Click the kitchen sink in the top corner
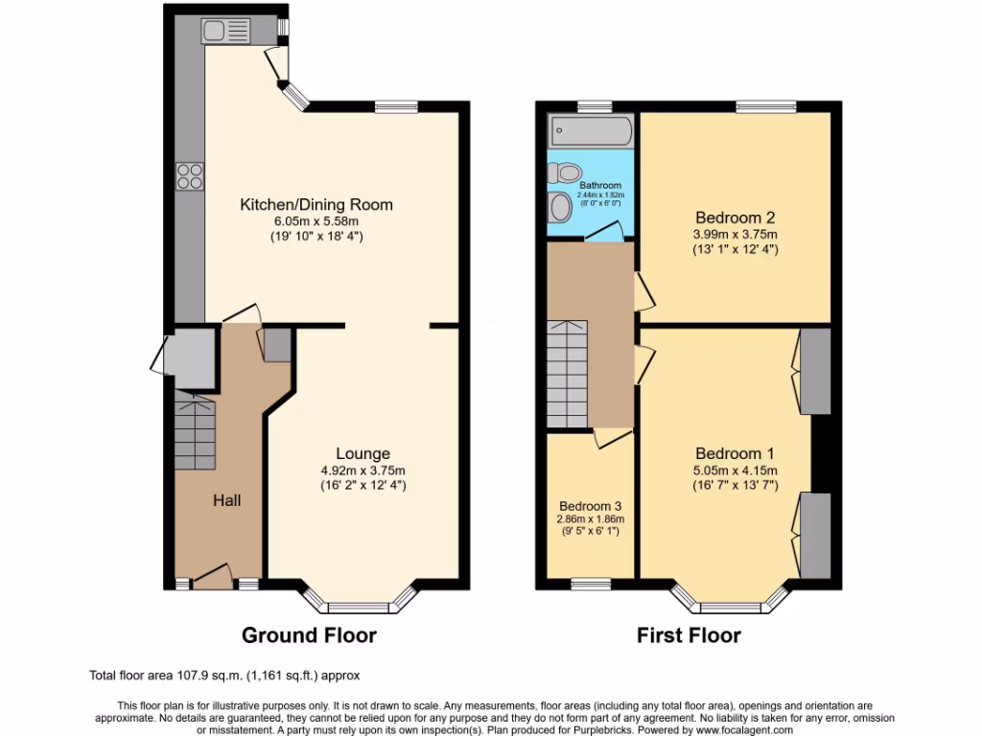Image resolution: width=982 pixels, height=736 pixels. (225, 32)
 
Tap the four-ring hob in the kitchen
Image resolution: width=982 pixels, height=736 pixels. (189, 175)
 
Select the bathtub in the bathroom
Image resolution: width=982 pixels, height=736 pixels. (589, 129)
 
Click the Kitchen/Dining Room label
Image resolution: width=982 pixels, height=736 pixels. (316, 205)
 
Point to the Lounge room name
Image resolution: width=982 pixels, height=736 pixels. (362, 453)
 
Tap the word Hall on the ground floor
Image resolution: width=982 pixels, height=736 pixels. (226, 500)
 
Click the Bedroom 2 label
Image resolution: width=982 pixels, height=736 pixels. (736, 216)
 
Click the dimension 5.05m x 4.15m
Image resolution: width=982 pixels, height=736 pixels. (736, 470)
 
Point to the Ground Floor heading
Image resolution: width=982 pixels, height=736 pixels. (309, 634)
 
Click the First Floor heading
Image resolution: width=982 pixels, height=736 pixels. (689, 634)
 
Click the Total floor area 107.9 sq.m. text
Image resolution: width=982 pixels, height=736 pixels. (224, 675)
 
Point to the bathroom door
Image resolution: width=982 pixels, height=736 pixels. (604, 231)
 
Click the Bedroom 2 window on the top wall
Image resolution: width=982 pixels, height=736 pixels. (765, 106)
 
